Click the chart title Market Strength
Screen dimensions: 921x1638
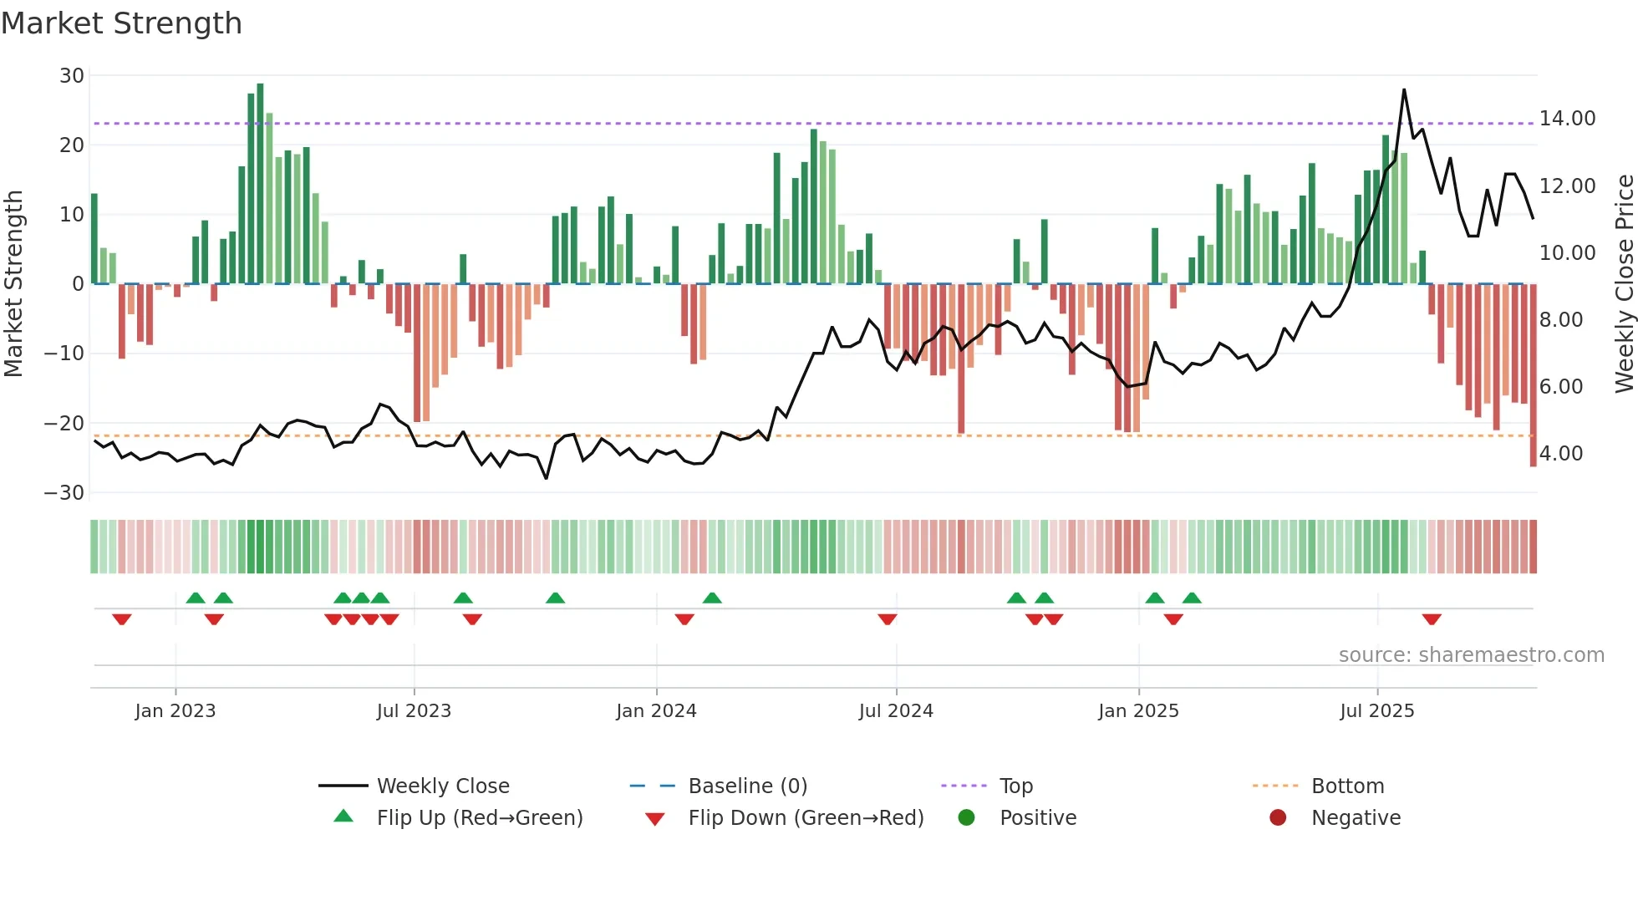[x=121, y=23]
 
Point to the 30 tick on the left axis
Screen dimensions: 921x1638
[x=72, y=76]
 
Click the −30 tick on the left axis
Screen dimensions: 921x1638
[x=64, y=493]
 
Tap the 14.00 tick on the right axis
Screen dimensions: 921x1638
[x=1567, y=119]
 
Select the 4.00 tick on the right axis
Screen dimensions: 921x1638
[x=1560, y=454]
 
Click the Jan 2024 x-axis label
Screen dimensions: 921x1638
[x=656, y=711]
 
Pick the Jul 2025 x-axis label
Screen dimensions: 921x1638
[x=1376, y=711]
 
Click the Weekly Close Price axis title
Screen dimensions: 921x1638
[x=1624, y=284]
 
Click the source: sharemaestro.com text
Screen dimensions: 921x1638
[x=1471, y=655]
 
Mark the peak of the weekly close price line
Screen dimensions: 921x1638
[x=1404, y=89]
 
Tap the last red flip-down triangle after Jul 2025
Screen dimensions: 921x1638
[x=1432, y=619]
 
